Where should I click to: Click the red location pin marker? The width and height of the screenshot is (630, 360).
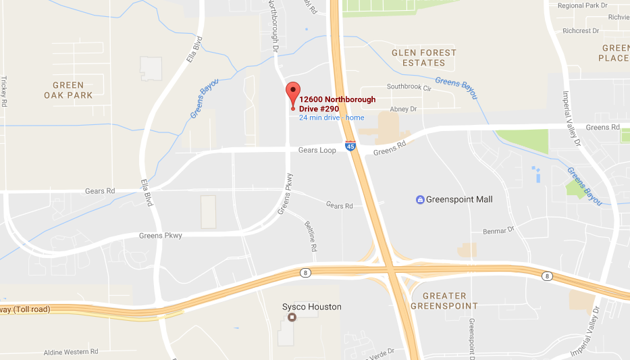point(292,93)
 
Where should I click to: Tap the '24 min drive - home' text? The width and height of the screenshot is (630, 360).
point(332,118)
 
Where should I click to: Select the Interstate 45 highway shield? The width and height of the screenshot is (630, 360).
point(350,145)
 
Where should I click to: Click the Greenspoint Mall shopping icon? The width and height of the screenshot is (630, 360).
point(420,199)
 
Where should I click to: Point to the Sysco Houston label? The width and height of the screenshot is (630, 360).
point(311,307)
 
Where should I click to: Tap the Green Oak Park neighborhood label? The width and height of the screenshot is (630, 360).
point(68,90)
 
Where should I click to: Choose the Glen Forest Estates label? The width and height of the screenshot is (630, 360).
point(424,57)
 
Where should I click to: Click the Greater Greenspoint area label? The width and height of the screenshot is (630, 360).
point(444,301)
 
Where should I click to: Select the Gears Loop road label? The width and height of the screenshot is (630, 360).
point(317,150)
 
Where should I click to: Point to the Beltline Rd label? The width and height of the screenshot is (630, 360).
point(311,236)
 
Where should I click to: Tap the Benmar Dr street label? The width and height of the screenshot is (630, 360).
point(499,231)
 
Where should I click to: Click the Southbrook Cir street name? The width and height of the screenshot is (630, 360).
point(413,87)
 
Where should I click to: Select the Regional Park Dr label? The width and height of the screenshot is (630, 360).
point(583,5)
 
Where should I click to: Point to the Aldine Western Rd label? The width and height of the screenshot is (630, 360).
point(71,352)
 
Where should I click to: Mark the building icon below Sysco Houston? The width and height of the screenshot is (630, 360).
point(292,317)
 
